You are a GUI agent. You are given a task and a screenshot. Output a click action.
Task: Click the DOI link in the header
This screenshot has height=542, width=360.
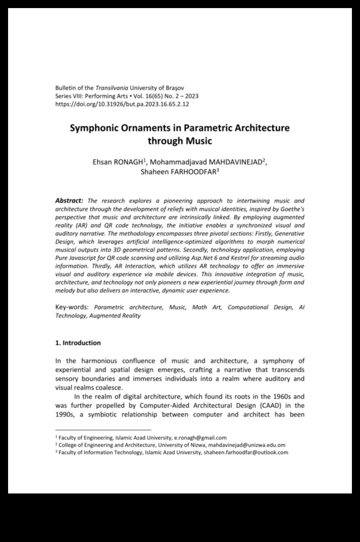click(x=122, y=104)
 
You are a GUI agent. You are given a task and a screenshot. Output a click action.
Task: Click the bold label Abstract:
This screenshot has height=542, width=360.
click(x=69, y=201)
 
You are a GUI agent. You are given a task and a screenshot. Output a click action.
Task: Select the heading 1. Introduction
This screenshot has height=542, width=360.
click(x=78, y=343)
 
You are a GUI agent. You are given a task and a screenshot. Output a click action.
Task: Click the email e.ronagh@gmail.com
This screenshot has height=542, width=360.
click(x=200, y=437)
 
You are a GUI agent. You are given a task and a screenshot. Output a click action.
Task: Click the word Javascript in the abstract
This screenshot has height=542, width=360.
click(x=85, y=258)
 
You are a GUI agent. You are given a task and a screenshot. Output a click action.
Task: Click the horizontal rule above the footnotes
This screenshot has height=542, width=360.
click(x=103, y=430)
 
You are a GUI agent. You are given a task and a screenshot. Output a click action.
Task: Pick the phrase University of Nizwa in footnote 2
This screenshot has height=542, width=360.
click(x=182, y=445)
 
